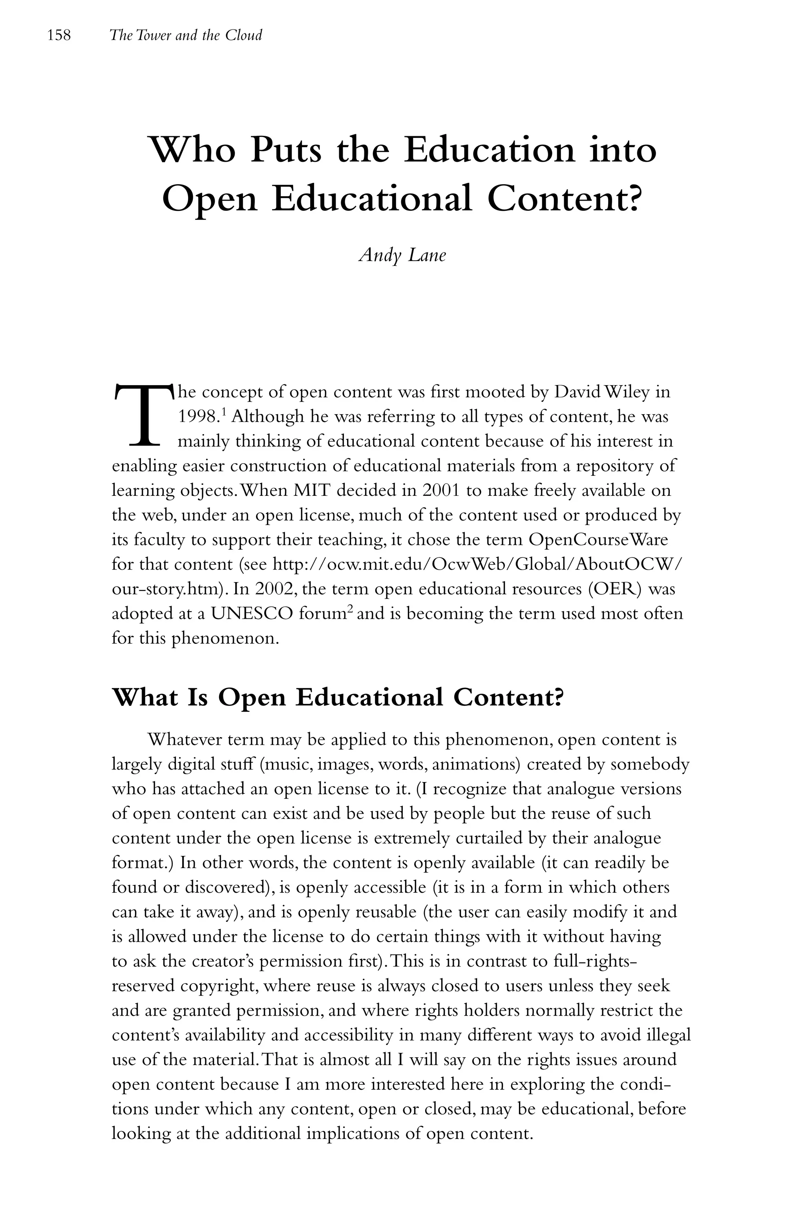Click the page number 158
(58, 35)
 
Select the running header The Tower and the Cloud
(186, 35)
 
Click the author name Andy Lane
(402, 255)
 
